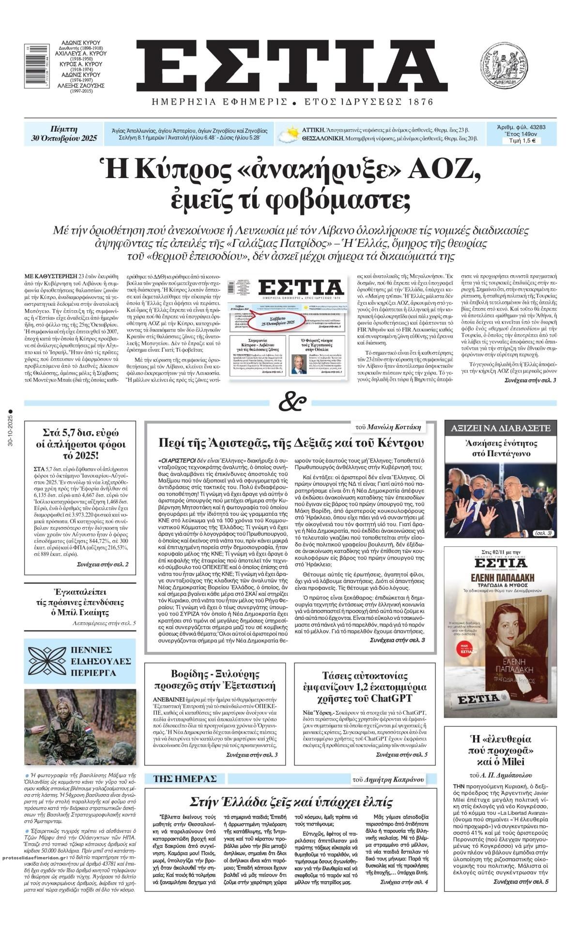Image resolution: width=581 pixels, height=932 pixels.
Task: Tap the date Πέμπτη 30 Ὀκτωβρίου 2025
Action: (x=63, y=134)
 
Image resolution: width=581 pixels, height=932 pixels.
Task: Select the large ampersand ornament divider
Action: (x=292, y=403)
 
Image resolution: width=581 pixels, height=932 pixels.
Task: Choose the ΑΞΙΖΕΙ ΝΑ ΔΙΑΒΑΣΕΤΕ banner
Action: (x=501, y=428)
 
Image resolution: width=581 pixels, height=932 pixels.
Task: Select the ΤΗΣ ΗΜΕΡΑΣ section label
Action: (x=184, y=779)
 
